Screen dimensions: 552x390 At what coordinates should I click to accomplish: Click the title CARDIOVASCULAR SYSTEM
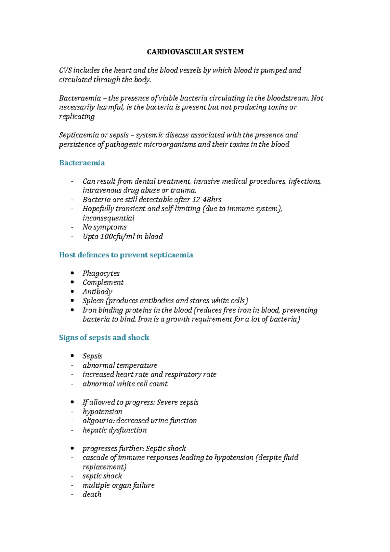[x=195, y=52]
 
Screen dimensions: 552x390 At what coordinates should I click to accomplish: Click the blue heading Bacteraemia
[x=82, y=163]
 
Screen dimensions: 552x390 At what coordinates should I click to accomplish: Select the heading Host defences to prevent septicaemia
[x=126, y=255]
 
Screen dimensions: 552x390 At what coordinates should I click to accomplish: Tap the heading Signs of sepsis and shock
[x=104, y=337]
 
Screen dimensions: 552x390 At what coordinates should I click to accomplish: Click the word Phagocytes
[x=101, y=273]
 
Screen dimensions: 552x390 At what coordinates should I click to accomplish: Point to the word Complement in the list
[x=103, y=283]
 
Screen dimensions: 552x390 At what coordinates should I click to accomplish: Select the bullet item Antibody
[x=97, y=292]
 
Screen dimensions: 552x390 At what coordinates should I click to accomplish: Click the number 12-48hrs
[x=207, y=200]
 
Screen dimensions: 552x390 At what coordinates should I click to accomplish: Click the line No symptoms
[x=104, y=227]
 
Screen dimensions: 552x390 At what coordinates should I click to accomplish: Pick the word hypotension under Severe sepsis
[x=102, y=412]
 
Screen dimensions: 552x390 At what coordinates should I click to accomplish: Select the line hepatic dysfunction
[x=114, y=430]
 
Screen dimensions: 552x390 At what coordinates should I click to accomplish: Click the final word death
[x=92, y=494]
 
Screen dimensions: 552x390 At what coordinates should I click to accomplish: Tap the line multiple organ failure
[x=118, y=485]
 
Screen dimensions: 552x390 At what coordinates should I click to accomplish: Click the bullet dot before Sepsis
[x=72, y=356]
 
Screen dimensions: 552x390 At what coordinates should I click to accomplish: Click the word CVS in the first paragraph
[x=65, y=71]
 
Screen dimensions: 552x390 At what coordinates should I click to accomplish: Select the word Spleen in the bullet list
[x=93, y=301]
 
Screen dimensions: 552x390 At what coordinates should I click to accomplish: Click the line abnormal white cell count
[x=125, y=384]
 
